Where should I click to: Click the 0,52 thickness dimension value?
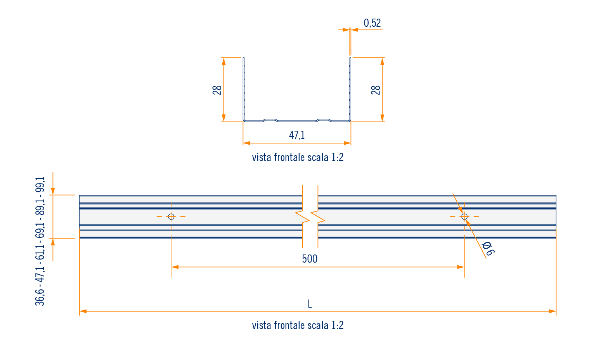(x=372, y=23)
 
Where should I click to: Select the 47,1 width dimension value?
(x=297, y=135)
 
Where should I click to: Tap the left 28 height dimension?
(x=217, y=90)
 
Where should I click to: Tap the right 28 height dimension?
(x=376, y=90)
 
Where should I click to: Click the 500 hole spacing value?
(x=310, y=259)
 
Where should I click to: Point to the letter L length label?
(x=310, y=304)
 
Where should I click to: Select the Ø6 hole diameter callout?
(x=487, y=249)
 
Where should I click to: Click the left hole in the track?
(x=171, y=216)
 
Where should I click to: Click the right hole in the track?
(x=464, y=216)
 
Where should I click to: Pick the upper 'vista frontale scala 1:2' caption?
(x=298, y=157)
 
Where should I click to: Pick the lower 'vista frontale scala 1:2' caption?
(x=298, y=325)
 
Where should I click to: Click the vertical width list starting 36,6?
(x=40, y=241)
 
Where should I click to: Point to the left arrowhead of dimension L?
(x=83, y=311)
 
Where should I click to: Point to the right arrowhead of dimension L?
(x=553, y=311)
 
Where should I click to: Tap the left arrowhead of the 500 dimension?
(x=175, y=267)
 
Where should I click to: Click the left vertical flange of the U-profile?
(x=243, y=89)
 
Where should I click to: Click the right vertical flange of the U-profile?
(x=350, y=89)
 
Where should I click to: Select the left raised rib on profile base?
(x=270, y=119)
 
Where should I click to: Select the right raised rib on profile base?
(x=324, y=119)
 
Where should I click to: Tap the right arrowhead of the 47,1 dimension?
(x=348, y=143)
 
